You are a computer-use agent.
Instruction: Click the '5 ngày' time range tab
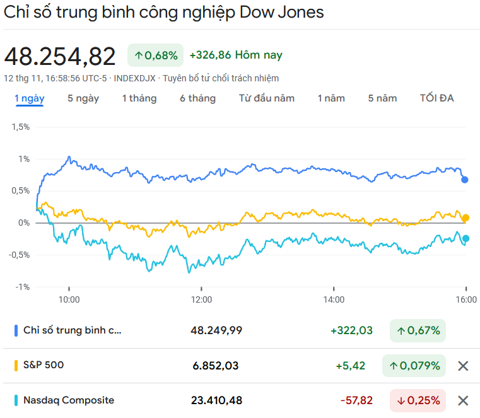coord(83,98)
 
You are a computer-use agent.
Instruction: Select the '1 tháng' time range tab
coord(139,98)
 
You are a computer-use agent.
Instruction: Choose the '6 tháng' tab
coord(197,98)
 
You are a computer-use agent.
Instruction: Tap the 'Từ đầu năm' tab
coord(267,98)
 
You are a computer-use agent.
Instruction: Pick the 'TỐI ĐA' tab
coord(436,98)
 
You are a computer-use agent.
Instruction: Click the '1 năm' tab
coord(331,98)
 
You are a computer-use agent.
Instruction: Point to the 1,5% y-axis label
coord(20,127)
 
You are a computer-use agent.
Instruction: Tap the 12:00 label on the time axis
coord(202,299)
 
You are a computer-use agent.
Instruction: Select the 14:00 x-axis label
coord(334,299)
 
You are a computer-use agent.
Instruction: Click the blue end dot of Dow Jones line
coord(465,180)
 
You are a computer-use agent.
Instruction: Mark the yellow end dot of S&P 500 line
coord(465,218)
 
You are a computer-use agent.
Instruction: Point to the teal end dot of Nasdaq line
coord(465,238)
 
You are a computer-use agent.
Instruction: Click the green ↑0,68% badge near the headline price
coord(155,55)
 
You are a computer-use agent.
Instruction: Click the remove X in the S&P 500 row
coord(463,366)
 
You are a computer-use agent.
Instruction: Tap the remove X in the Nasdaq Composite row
coord(463,400)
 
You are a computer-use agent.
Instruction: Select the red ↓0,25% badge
coord(418,400)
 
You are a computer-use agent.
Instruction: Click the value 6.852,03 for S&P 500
coord(216,366)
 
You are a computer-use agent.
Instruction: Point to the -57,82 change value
coord(356,400)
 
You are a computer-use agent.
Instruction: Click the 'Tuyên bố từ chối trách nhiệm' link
coord(221,78)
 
